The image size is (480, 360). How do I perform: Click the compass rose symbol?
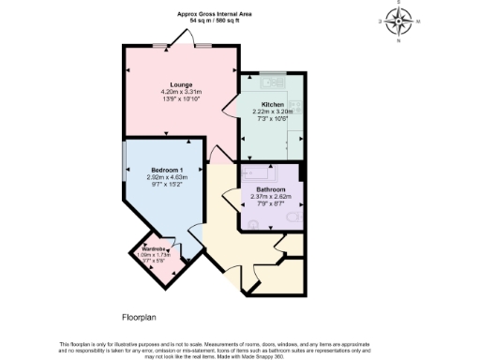(401, 21)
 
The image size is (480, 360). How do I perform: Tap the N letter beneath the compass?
(401, 40)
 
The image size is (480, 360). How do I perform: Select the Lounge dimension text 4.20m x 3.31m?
(181, 92)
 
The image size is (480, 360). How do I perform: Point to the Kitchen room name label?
(272, 104)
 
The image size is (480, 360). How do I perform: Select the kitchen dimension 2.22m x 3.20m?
(273, 112)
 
